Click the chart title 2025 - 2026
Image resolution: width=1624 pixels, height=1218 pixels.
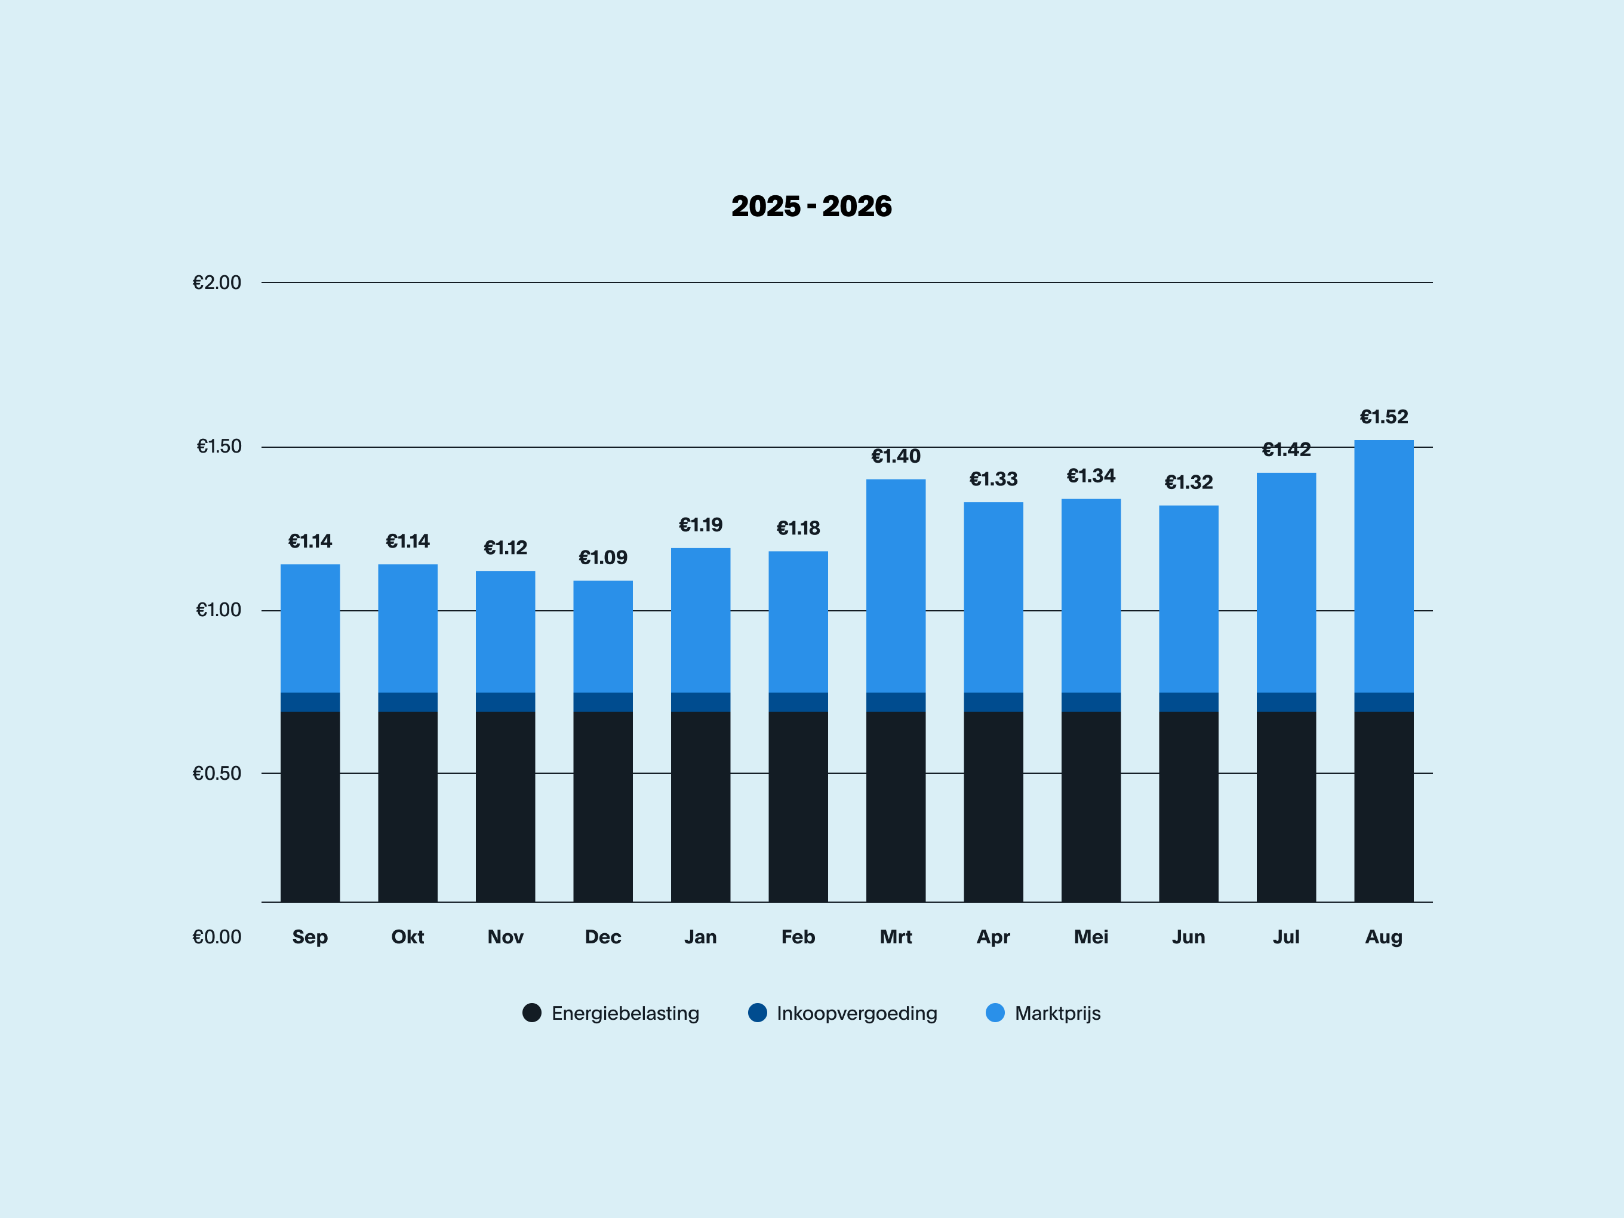tap(811, 207)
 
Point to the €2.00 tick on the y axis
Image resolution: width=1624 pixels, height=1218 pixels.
tap(217, 282)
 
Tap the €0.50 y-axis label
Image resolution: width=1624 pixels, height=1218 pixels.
tap(217, 773)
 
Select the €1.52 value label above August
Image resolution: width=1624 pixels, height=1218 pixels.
tap(1384, 417)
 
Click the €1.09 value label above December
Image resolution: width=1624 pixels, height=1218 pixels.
tap(603, 558)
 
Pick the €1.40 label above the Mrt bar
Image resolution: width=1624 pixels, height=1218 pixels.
tap(896, 456)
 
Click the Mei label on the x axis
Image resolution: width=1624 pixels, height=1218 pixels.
tap(1091, 937)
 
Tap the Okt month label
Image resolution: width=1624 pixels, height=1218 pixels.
tap(407, 937)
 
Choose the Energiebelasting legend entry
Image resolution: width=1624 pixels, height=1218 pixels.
tap(611, 1013)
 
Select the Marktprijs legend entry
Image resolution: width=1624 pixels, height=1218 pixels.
tap(1043, 1013)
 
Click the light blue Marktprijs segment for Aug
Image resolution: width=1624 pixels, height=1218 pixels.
tap(1384, 566)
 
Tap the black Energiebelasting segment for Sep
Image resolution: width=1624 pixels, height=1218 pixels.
tap(310, 807)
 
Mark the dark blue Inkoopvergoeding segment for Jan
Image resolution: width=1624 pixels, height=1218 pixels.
tap(700, 702)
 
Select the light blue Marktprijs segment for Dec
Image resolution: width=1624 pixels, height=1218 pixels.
tap(603, 636)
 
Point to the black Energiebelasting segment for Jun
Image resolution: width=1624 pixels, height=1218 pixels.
tap(1189, 807)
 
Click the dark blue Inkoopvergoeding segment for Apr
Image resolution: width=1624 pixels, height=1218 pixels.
tap(994, 702)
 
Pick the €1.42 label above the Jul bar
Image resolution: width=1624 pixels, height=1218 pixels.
tap(1286, 450)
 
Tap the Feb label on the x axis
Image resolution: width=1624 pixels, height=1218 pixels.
tap(798, 937)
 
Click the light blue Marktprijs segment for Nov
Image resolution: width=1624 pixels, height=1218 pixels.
tap(505, 632)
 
